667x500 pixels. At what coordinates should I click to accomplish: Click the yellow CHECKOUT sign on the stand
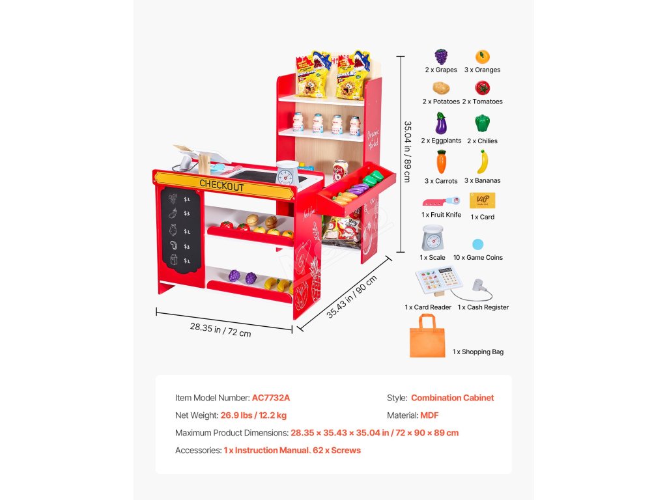(221, 186)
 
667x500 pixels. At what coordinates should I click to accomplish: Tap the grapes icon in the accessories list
(441, 56)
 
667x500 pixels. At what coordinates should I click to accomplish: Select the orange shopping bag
(427, 337)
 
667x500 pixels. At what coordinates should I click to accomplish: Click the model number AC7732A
(271, 398)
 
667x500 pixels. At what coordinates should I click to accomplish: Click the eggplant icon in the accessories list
(441, 124)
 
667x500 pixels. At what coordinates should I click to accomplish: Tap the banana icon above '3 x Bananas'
(482, 162)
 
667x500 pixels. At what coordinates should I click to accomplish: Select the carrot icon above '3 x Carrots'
(441, 162)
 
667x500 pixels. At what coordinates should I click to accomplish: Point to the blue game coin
(478, 245)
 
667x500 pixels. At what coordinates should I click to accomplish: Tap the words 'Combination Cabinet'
(452, 398)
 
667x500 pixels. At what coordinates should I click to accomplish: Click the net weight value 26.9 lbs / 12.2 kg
(253, 415)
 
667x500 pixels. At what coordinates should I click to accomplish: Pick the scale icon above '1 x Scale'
(433, 238)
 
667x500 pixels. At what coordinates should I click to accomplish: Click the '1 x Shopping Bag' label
(478, 352)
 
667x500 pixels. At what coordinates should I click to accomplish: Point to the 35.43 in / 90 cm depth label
(351, 297)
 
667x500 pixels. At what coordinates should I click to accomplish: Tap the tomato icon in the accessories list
(482, 88)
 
